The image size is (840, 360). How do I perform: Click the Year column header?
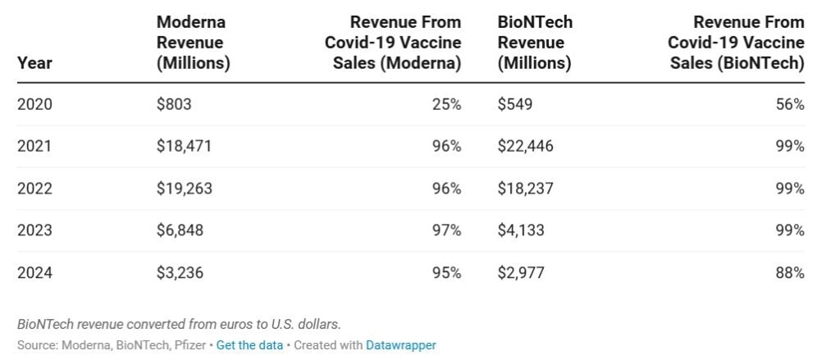point(34,63)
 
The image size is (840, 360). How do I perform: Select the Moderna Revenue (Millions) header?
point(193,43)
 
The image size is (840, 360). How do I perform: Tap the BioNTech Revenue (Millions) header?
point(534,43)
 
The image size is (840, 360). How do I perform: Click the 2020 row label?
point(34,104)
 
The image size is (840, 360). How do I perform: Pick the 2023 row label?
point(34,230)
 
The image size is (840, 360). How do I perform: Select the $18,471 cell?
point(184,146)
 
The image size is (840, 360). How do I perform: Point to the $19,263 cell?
point(184,189)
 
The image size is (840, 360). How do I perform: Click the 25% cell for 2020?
point(447,104)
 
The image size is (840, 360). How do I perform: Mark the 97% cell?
point(447,230)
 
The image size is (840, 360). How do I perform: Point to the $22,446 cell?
point(525,146)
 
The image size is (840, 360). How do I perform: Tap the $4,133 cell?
point(520,230)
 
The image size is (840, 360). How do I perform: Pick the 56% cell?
point(790,104)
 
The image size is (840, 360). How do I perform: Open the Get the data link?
point(249,345)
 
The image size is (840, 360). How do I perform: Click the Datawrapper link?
point(400,345)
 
